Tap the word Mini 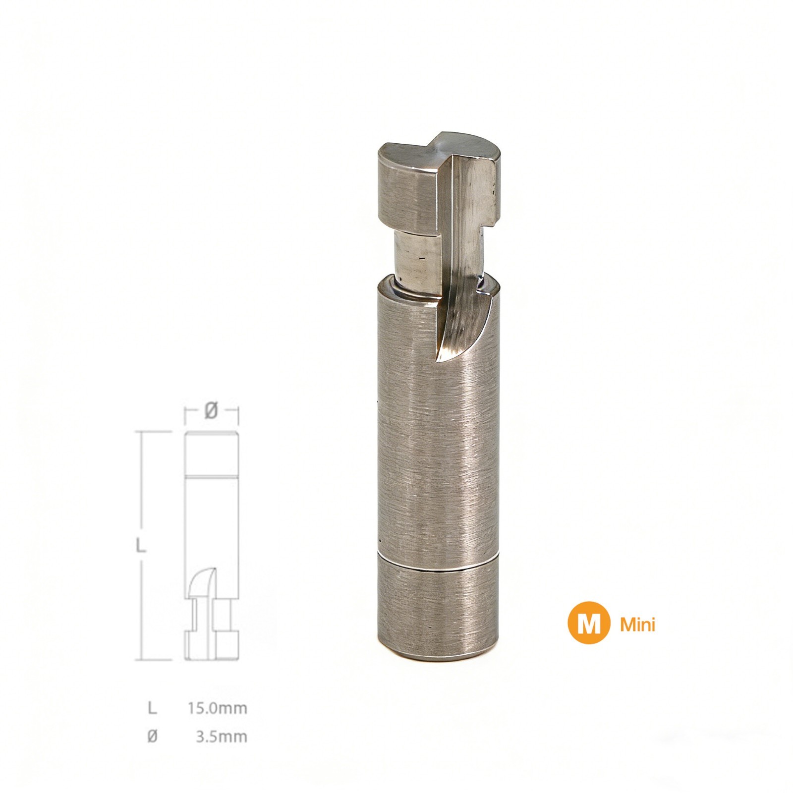(x=638, y=625)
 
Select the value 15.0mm (x=217, y=708)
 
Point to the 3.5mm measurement (x=222, y=736)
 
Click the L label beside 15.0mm (x=152, y=708)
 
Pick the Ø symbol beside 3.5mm (x=152, y=737)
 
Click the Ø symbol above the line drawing (x=211, y=410)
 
